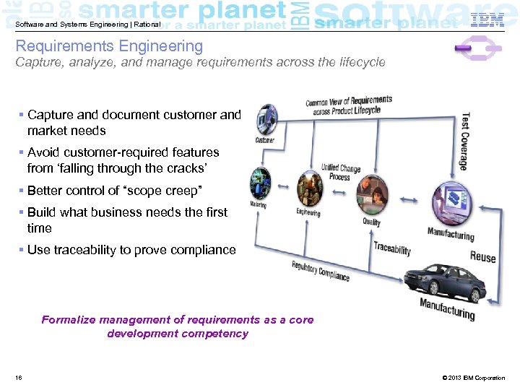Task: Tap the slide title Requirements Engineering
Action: (110, 47)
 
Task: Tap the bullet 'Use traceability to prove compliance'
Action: (131, 250)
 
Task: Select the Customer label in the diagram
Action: (264, 139)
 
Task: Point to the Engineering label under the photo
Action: (308, 212)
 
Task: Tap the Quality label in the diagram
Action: (371, 222)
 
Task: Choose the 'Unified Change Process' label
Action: (340, 173)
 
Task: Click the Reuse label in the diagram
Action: (482, 256)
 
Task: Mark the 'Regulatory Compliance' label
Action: (320, 271)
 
